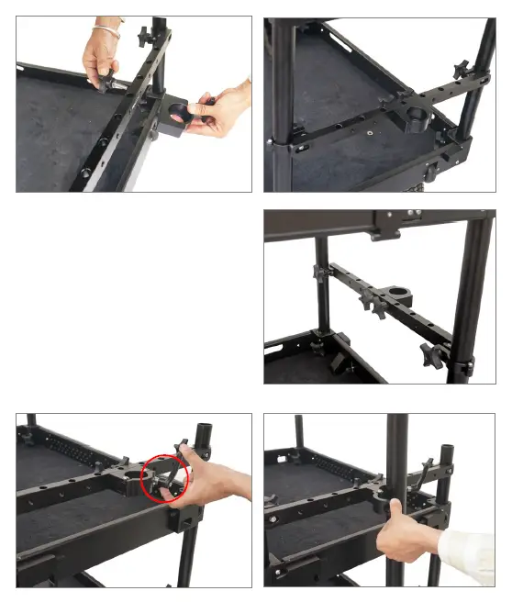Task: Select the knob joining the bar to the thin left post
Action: click(321, 273)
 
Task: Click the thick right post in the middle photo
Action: click(470, 294)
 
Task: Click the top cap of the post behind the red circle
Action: click(205, 429)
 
